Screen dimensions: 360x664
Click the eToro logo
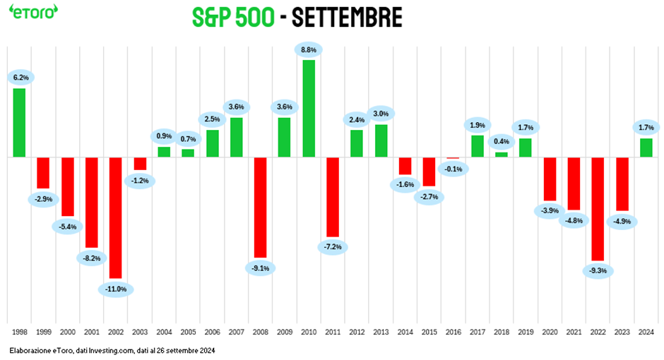coord(33,13)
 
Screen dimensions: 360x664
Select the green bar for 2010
coord(309,108)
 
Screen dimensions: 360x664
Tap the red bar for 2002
coord(115,217)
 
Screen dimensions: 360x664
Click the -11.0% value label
coord(116,289)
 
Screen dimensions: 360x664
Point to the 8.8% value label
coord(308,50)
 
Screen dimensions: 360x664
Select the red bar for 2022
coord(598,209)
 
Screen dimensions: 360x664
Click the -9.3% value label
coord(598,271)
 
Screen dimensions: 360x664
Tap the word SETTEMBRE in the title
coord(348,18)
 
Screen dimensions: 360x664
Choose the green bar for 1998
coord(19,122)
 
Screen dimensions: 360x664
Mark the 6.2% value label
coord(20,77)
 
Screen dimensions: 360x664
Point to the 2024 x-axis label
coord(646,330)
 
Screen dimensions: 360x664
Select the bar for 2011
coord(332,196)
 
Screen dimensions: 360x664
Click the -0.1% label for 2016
coord(453,169)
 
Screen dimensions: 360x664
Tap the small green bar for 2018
coord(501,154)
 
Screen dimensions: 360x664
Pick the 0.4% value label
coord(502,140)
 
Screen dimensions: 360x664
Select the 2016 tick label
coord(453,330)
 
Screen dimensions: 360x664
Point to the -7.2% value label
coord(333,247)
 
